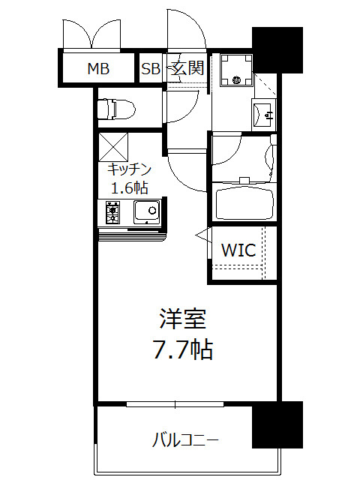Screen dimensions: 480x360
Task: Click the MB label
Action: (x=98, y=70)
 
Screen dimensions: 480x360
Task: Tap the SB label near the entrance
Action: (x=151, y=70)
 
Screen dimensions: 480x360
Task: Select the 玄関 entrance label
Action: (x=187, y=69)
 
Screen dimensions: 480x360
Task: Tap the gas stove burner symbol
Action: (x=112, y=212)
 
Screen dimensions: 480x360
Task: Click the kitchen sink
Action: (x=146, y=212)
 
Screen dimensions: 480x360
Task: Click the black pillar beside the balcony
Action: (x=276, y=425)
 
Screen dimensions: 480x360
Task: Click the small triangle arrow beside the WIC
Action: (x=202, y=236)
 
